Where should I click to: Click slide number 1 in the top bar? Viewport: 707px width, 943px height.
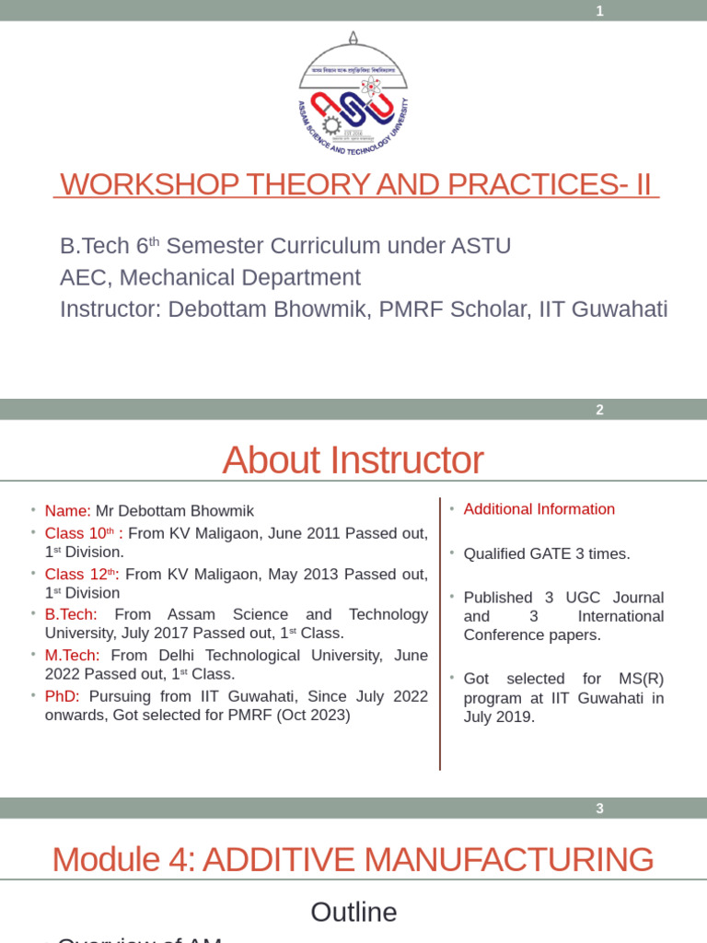599,11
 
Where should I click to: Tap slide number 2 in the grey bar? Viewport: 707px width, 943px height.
599,410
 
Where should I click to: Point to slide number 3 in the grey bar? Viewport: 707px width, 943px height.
599,809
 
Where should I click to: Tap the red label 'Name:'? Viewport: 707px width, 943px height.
67,510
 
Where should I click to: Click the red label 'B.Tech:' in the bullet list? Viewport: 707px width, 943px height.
71,614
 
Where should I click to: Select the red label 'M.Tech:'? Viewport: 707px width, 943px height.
73,656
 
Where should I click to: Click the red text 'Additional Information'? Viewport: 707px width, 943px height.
539,509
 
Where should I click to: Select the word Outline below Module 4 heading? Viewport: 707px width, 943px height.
353,912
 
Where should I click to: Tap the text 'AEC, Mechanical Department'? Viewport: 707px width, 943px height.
210,277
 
